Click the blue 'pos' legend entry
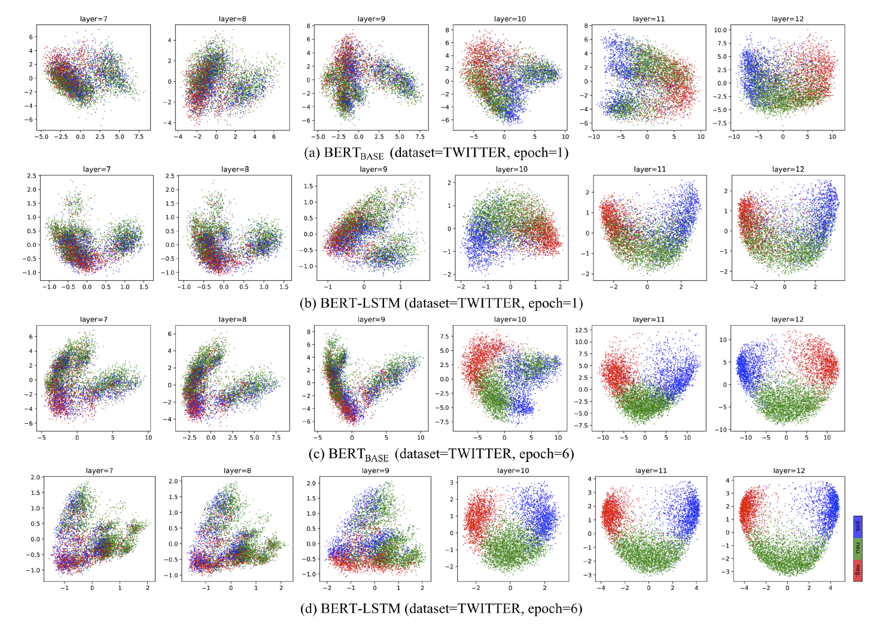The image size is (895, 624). (857, 526)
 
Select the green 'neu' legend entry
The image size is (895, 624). (857, 548)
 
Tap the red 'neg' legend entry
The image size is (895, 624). (857, 570)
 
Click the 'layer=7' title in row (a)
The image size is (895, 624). (93, 19)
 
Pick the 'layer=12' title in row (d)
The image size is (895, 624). (789, 470)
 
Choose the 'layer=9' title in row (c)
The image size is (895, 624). (371, 319)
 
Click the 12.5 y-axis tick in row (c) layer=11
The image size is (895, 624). (580, 330)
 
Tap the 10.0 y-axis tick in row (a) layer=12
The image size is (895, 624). (720, 30)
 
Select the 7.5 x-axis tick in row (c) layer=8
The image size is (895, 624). (276, 438)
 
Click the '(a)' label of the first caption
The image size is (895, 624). (312, 153)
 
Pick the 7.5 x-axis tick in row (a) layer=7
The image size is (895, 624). (139, 137)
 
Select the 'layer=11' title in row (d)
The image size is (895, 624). (650, 470)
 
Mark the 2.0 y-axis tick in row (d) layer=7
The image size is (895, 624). (35, 478)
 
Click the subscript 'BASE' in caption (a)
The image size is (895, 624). (372, 157)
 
